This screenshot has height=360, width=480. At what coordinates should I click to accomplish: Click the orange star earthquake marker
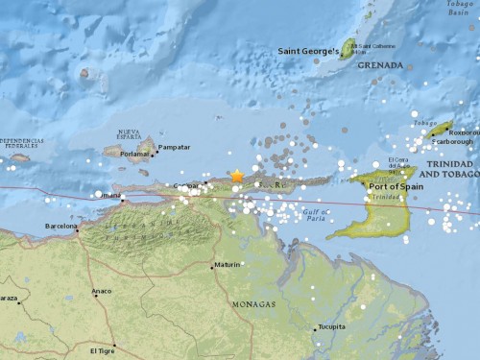[x=237, y=176]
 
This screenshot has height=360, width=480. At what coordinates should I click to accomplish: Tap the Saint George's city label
[x=307, y=51]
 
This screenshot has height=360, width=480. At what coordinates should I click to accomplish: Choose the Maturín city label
[x=228, y=264]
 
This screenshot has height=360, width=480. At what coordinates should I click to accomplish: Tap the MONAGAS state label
[x=253, y=304]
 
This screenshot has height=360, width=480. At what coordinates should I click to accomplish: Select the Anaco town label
[x=101, y=290]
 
